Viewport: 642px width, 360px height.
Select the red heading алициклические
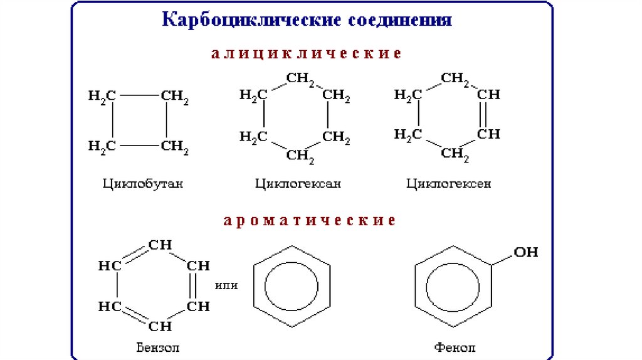pyautogui.click(x=305, y=53)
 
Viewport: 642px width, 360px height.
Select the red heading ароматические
pyautogui.click(x=310, y=221)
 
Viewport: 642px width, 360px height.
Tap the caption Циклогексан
pyautogui.click(x=298, y=184)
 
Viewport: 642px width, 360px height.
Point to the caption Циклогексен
pyautogui.click(x=449, y=184)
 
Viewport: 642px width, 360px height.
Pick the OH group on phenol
pyautogui.click(x=525, y=252)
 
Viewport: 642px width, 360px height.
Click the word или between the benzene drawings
pyautogui.click(x=226, y=285)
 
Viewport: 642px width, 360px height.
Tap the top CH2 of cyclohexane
pyautogui.click(x=300, y=79)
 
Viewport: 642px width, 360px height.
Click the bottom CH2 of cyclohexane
pyautogui.click(x=300, y=154)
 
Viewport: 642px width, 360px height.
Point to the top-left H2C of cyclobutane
pyautogui.click(x=102, y=96)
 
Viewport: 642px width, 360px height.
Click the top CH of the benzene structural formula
pyautogui.click(x=160, y=245)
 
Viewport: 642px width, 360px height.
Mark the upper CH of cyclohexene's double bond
pyautogui.click(x=488, y=95)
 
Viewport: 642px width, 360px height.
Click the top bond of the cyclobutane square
pyautogui.click(x=139, y=96)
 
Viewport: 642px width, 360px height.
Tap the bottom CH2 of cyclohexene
pyautogui.click(x=455, y=153)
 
